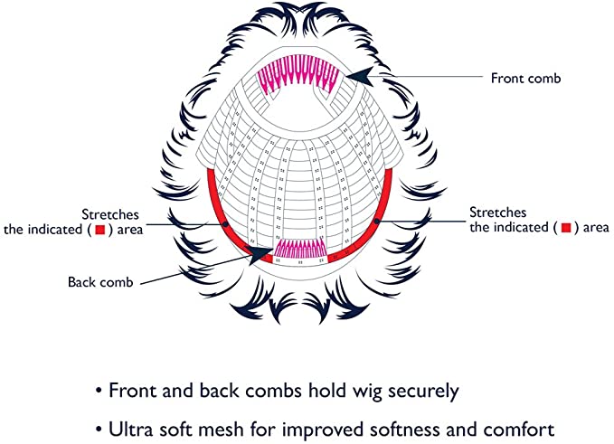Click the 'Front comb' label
[525, 78]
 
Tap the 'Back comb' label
[100, 282]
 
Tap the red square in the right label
[565, 228]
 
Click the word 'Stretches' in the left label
[131, 214]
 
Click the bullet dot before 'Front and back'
[98, 393]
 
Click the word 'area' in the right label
[592, 228]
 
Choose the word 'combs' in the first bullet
[256, 392]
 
